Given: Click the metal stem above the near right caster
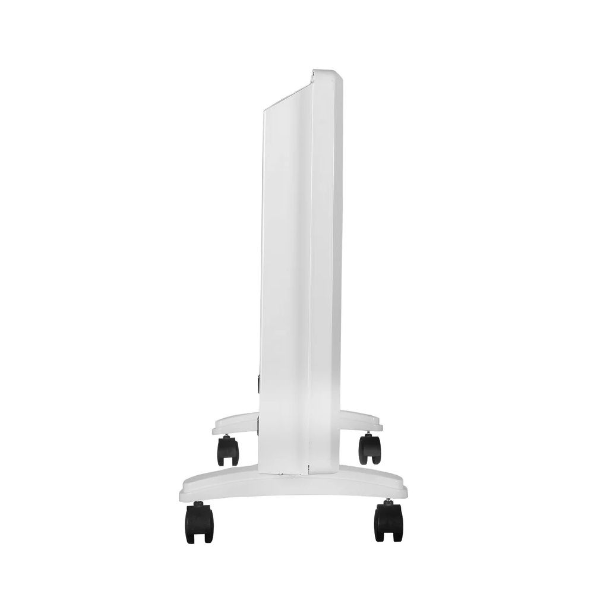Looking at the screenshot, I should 387,500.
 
